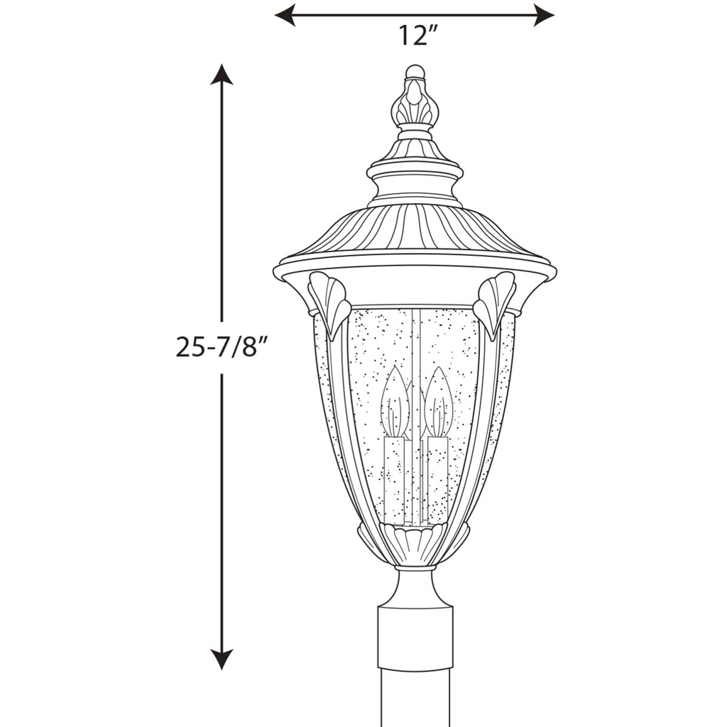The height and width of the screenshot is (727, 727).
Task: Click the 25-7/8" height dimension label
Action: click(x=222, y=347)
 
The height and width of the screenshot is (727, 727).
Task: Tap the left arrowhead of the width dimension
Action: click(x=285, y=16)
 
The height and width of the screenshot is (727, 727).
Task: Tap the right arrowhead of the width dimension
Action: click(x=545, y=16)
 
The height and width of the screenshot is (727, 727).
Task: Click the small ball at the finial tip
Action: click(x=415, y=72)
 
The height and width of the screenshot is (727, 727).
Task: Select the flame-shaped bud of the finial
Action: click(x=415, y=102)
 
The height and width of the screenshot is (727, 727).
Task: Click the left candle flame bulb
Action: click(x=395, y=401)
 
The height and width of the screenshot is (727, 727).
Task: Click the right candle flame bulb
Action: click(x=438, y=401)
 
